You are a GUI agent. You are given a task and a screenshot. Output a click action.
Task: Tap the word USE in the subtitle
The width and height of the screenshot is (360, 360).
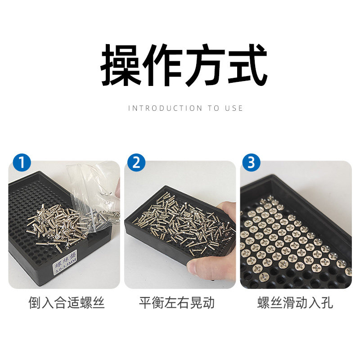[x=234, y=108]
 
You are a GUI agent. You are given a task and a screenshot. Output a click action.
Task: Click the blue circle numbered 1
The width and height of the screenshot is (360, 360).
[x=21, y=162]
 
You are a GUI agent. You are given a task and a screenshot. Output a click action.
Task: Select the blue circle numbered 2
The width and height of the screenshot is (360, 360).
[x=136, y=162]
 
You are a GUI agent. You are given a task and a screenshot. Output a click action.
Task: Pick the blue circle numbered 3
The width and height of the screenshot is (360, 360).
[x=252, y=162]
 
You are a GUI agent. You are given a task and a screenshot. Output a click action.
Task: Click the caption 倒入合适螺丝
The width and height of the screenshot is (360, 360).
[x=66, y=303]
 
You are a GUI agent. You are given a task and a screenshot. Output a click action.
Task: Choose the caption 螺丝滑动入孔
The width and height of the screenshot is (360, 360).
[x=295, y=303]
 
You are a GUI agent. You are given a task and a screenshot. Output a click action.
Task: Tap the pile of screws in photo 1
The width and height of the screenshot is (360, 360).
[x=56, y=225]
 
